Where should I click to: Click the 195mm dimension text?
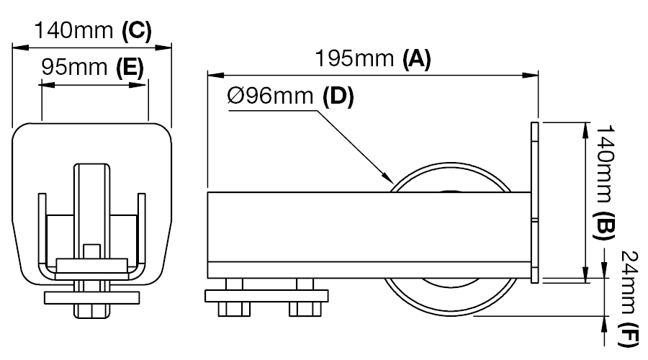click(354, 58)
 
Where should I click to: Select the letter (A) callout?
click(417, 58)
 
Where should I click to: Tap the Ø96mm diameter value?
click(270, 96)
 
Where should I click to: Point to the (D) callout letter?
click(338, 96)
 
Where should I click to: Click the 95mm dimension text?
click(74, 67)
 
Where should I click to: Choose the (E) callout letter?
click(130, 68)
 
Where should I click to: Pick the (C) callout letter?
click(137, 30)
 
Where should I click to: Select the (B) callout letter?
click(604, 225)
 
